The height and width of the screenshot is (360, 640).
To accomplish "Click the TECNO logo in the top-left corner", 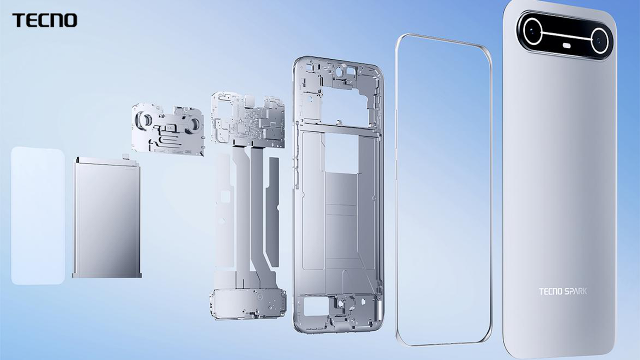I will tap(45, 20).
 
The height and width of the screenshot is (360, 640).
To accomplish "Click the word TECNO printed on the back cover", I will tap(550, 291).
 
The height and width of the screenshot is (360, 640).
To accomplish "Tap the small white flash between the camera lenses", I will tap(566, 45).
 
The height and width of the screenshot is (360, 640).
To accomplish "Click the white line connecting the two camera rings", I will tap(565, 34).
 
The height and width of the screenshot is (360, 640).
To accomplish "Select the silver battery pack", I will tap(106, 217).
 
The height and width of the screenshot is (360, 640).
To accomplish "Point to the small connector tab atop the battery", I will tap(125, 156).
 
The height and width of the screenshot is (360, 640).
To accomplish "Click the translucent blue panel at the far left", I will tap(37, 215).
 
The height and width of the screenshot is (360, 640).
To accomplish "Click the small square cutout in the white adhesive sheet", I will tap(225, 196).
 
